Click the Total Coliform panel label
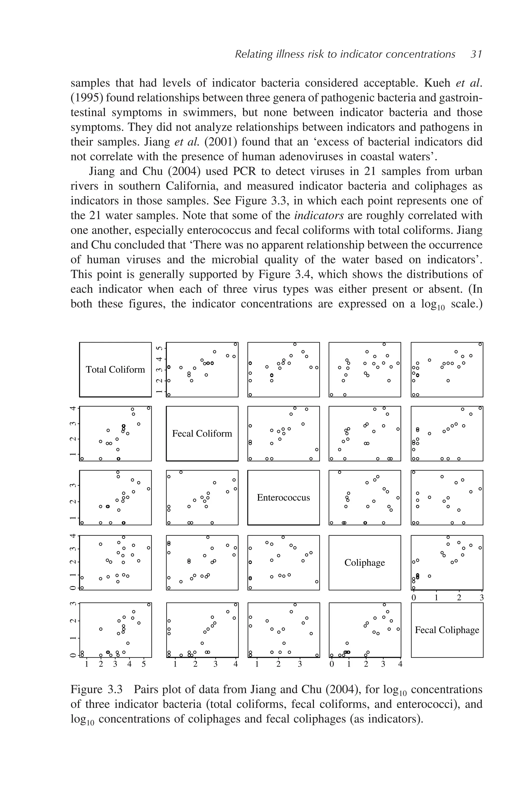coord(115,369)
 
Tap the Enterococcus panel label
coord(283,497)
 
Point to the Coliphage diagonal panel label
coord(365,562)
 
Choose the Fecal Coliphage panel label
coord(447,630)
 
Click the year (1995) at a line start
coord(86,98)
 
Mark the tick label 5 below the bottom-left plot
coord(144,664)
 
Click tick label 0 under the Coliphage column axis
coord(332,664)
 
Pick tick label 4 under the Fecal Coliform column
coord(236,664)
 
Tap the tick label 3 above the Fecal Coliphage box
coord(481,598)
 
